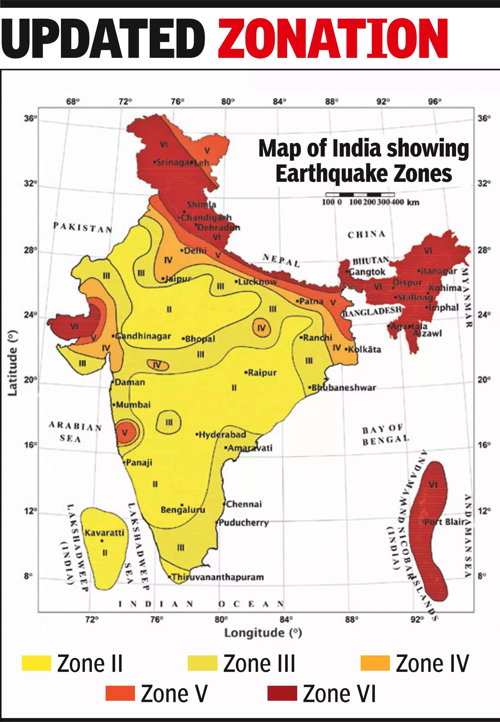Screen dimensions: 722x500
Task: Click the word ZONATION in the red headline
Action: [x=333, y=39]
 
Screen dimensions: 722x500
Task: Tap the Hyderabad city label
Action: [x=222, y=435]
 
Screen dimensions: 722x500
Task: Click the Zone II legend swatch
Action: [x=36, y=663]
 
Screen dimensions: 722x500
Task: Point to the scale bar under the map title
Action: [x=360, y=195]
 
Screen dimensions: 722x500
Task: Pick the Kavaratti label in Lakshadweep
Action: [x=105, y=533]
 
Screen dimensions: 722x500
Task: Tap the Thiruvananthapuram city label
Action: [x=218, y=577]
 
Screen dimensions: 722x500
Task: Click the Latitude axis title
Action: [x=12, y=363]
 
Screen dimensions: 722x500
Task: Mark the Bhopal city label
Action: [x=200, y=339]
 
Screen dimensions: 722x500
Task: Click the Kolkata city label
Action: [x=364, y=349]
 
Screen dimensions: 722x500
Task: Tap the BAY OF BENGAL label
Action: [x=385, y=436]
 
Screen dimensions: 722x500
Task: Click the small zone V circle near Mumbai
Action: [x=127, y=433]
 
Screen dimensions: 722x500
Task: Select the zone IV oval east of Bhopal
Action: [x=261, y=328]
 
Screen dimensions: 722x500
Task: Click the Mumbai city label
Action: [x=133, y=404]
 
